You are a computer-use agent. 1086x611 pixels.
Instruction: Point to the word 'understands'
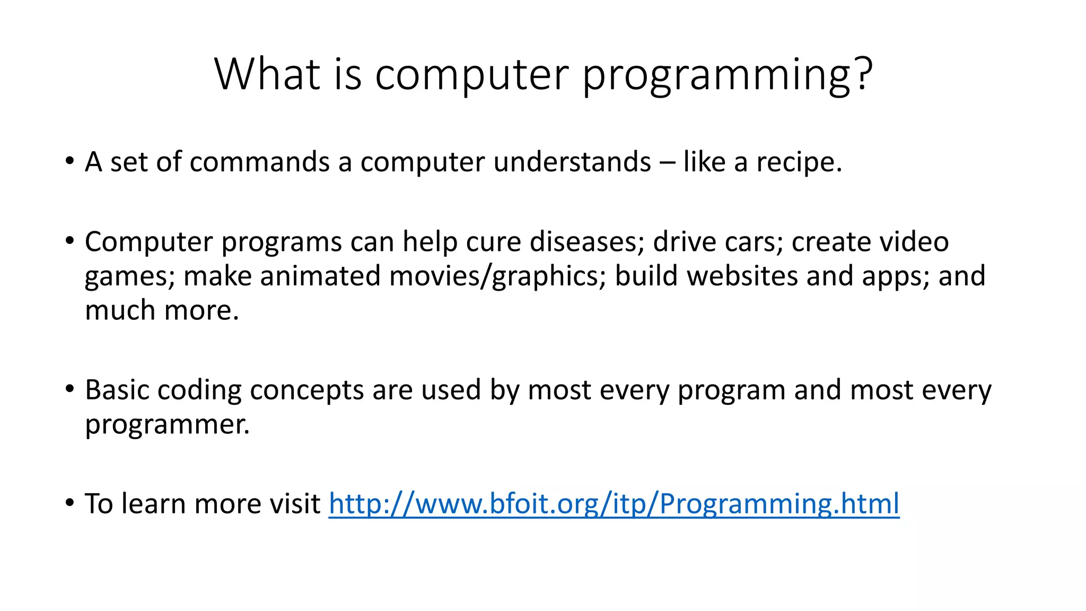pyautogui.click(x=572, y=162)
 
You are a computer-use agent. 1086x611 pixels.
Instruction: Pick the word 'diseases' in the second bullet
pyautogui.click(x=586, y=242)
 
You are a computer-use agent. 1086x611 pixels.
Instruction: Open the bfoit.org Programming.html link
pyautogui.click(x=614, y=504)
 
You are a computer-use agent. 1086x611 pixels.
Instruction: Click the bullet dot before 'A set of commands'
pyautogui.click(x=70, y=161)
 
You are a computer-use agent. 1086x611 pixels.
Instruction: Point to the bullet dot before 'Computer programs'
pyautogui.click(x=70, y=241)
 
